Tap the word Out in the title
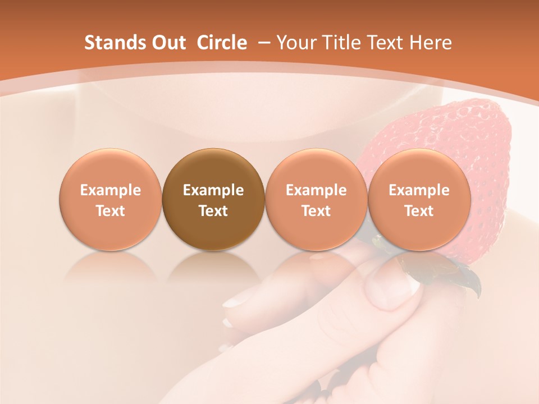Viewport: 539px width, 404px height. pyautogui.click(x=164, y=43)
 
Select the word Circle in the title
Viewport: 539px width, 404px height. pyautogui.click(x=222, y=43)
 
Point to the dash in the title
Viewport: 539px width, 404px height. pyautogui.click(x=263, y=43)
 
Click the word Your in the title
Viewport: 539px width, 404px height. pyautogui.click(x=295, y=43)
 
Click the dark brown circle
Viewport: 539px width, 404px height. pyautogui.click(x=213, y=200)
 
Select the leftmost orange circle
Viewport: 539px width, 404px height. pyautogui.click(x=111, y=200)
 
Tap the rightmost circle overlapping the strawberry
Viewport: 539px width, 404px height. pyautogui.click(x=419, y=200)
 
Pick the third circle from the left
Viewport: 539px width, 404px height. pyautogui.click(x=316, y=200)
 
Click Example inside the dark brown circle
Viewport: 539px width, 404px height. pyautogui.click(x=213, y=190)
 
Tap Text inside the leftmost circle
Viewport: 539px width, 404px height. pyautogui.click(x=111, y=211)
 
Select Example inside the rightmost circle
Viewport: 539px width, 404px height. pyautogui.click(x=419, y=190)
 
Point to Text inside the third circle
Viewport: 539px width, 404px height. pyautogui.click(x=316, y=211)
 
